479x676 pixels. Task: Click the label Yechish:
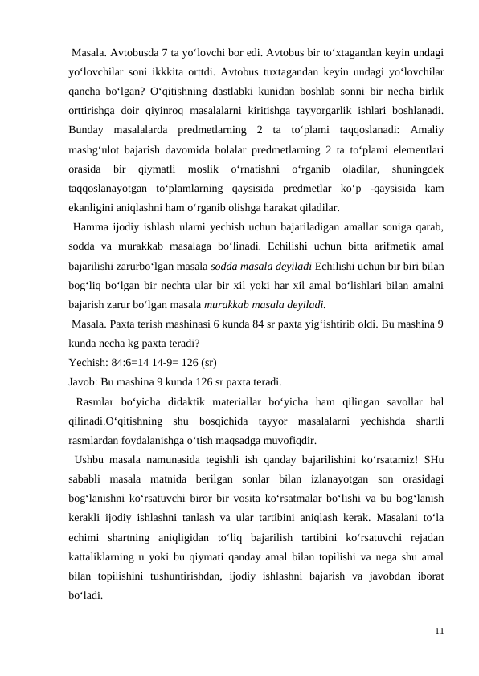coord(89,361)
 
